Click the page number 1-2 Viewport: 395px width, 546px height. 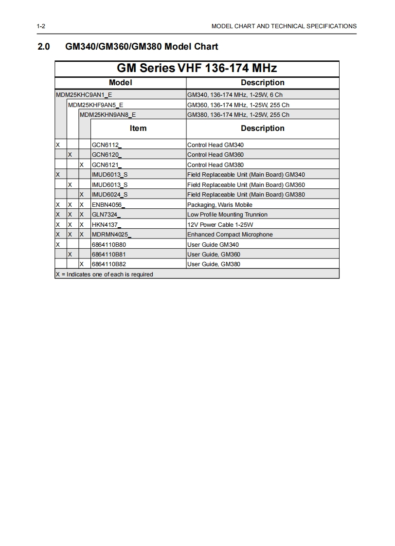click(x=41, y=26)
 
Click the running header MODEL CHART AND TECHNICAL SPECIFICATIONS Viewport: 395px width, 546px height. click(x=284, y=26)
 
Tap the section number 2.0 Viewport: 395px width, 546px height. click(x=44, y=47)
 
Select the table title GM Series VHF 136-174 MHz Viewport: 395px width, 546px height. click(x=197, y=68)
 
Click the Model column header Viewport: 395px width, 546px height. click(x=120, y=83)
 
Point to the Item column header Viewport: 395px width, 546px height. click(x=138, y=128)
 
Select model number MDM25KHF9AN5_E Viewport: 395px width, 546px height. click(x=95, y=105)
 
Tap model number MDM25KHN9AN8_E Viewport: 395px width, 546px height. click(x=108, y=115)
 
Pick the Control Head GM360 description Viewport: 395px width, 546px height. click(x=215, y=155)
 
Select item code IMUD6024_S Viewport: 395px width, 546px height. click(x=110, y=195)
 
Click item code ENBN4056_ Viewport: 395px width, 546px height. click(x=107, y=205)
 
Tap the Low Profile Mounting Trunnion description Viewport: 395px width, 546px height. click(x=227, y=215)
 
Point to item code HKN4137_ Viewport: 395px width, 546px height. click(x=107, y=225)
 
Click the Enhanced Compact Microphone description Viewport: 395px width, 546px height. click(x=230, y=235)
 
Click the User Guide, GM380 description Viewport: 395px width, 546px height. click(x=214, y=264)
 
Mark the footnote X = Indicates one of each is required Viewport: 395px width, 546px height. click(x=105, y=274)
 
